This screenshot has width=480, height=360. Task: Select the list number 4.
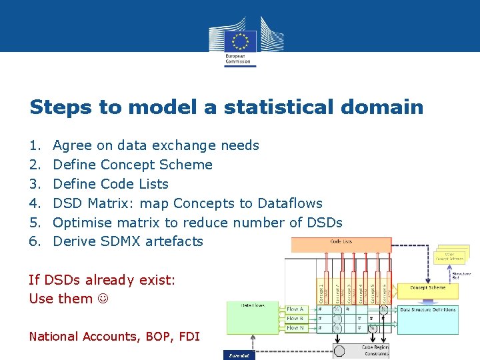(35, 203)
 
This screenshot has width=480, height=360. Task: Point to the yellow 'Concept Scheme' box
(427, 289)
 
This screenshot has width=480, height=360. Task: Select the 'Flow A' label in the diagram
(295, 309)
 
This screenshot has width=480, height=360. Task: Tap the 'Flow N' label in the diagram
(295, 328)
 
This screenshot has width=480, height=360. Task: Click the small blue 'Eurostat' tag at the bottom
(238, 356)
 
